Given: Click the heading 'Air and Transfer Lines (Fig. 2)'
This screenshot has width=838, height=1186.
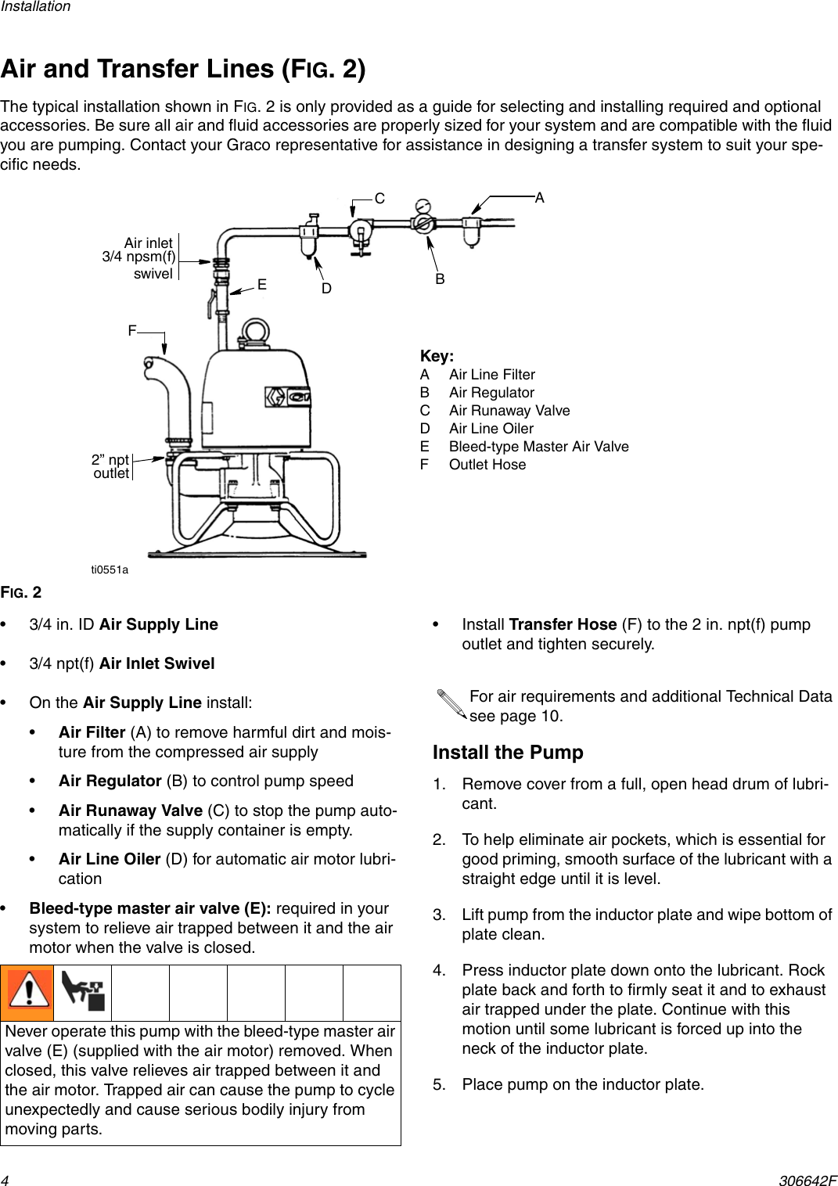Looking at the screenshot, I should tap(183, 70).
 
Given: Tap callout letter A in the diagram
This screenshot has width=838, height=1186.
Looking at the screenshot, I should tap(540, 199).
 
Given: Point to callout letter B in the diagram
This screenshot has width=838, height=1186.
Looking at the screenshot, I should tap(441, 279).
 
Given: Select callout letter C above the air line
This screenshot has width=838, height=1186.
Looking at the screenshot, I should tap(379, 199).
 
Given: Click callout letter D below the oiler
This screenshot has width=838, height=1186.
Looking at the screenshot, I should tap(326, 289).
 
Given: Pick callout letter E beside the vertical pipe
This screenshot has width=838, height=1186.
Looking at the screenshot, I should tap(262, 286).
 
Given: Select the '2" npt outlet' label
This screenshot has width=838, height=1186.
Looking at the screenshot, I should tap(110, 466).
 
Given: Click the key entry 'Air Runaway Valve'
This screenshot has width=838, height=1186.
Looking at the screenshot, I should tap(509, 411).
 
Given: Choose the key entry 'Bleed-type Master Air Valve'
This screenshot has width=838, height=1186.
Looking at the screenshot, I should tap(538, 447).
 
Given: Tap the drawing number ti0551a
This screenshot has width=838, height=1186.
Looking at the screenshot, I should tap(110, 570).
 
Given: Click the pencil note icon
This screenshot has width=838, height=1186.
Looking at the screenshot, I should tap(451, 704).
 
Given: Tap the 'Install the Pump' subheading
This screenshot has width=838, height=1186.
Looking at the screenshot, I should tap(508, 753).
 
